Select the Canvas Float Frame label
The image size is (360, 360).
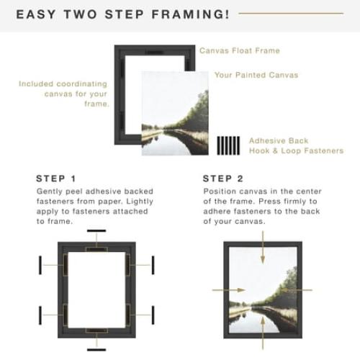(x=239, y=51)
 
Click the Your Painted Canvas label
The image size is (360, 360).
(x=256, y=75)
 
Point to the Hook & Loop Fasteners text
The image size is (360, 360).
(x=296, y=151)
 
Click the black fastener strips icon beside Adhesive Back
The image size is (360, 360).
(x=227, y=145)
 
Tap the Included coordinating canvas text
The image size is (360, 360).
(x=64, y=94)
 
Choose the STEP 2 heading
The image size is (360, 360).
(x=223, y=179)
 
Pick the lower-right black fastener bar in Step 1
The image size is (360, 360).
(x=153, y=315)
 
